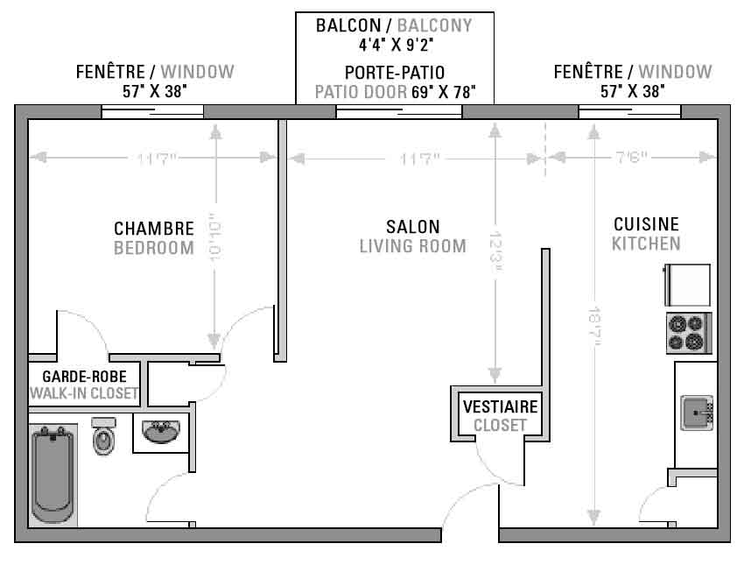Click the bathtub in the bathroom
click(x=53, y=475)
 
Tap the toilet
click(x=104, y=436)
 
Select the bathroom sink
click(x=161, y=432)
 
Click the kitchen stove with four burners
click(x=689, y=333)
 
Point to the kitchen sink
click(x=697, y=413)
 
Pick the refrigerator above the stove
click(x=687, y=285)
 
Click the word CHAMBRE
click(x=154, y=229)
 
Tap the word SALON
click(x=413, y=227)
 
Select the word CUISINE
click(x=646, y=224)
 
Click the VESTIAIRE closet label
click(x=501, y=406)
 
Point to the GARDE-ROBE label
click(x=84, y=377)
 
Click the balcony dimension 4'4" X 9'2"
click(x=397, y=45)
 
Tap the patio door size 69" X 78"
click(x=444, y=92)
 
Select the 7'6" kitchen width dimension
click(x=632, y=157)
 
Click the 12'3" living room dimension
click(x=495, y=252)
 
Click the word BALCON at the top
click(x=348, y=25)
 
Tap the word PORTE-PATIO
click(x=395, y=73)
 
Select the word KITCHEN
click(x=646, y=244)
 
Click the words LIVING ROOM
click(x=413, y=246)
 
